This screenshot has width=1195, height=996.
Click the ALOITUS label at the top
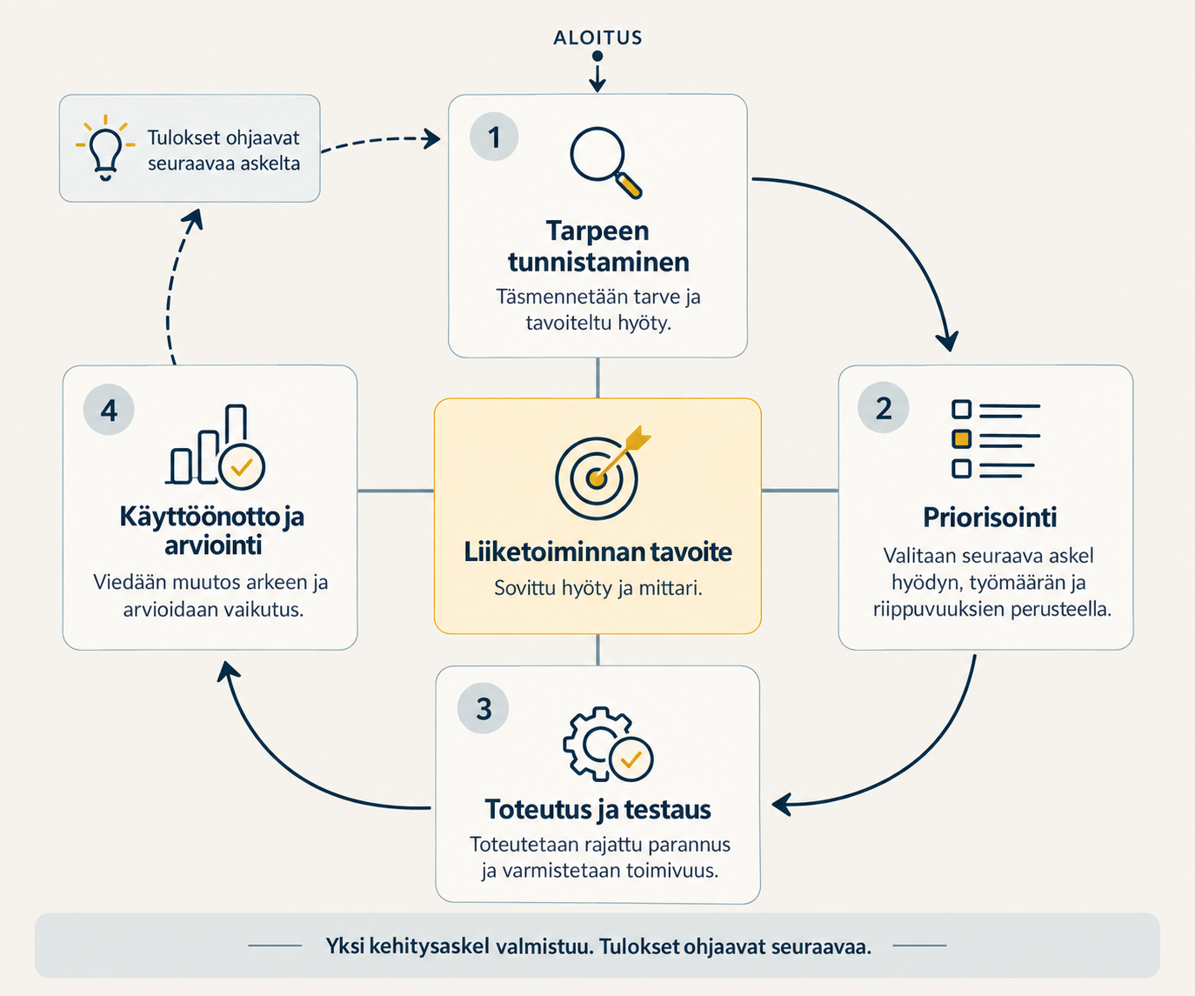(597, 37)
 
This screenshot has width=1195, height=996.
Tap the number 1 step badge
(494, 137)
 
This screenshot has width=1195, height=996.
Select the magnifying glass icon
(605, 163)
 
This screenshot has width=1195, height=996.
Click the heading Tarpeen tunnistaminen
(598, 247)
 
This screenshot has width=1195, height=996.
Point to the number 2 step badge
(883, 408)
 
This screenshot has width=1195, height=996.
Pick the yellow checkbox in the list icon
(962, 439)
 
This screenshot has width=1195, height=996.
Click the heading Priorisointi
(990, 517)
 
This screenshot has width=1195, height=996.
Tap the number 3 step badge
(484, 708)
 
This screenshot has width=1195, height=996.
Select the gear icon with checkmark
(608, 744)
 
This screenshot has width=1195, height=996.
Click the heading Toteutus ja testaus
(598, 809)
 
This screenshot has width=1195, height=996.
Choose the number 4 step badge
(109, 410)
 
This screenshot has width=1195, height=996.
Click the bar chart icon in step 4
(215, 446)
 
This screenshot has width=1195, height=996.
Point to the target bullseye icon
(601, 473)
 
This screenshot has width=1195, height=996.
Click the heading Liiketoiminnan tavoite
(597, 551)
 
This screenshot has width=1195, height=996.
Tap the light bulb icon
(105, 148)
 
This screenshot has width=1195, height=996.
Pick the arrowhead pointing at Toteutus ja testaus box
(782, 805)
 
